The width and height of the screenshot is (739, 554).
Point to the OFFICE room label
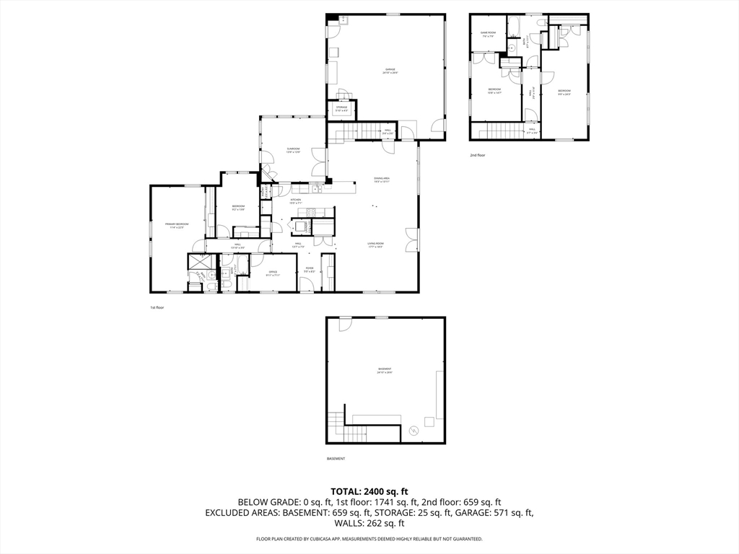pyautogui.click(x=274, y=273)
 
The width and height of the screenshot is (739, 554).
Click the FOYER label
pyautogui.click(x=310, y=270)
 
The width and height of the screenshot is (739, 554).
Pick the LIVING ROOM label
pyautogui.click(x=375, y=245)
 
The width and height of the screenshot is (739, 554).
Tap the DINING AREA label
pyautogui.click(x=382, y=180)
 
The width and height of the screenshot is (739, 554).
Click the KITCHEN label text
pyautogui.click(x=296, y=201)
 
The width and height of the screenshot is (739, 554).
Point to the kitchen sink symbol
pyautogui.click(x=317, y=190)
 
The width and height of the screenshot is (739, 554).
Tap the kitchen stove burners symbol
pyautogui.click(x=312, y=212)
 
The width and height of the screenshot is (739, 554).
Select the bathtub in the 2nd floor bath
pyautogui.click(x=515, y=28)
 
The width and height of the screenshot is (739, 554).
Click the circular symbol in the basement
pyautogui.click(x=414, y=431)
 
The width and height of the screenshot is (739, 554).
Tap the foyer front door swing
pyautogui.click(x=307, y=288)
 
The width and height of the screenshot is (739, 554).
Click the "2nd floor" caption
pyautogui.click(x=478, y=155)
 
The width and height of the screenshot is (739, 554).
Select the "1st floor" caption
pyautogui.click(x=157, y=307)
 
